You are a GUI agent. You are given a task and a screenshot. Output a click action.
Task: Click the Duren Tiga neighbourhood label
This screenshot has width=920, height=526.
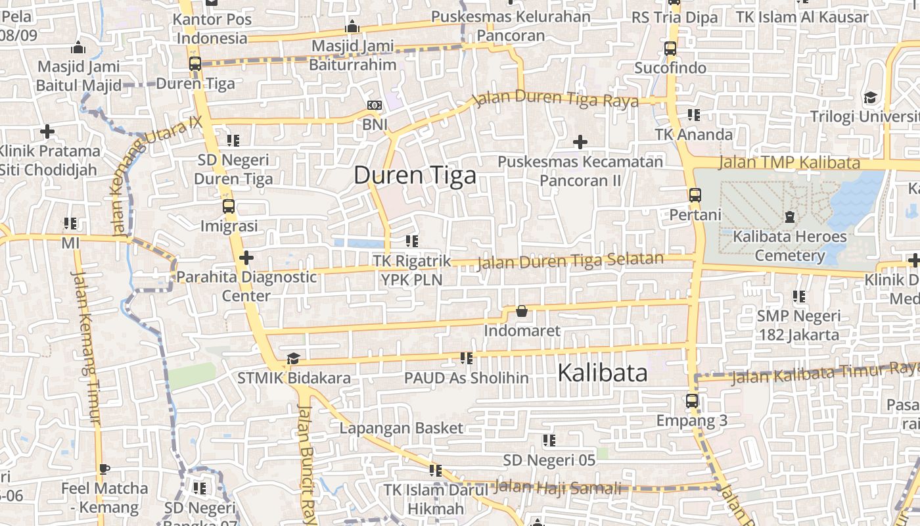pos(415,176)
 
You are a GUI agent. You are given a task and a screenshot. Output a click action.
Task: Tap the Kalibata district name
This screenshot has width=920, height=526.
pos(602,373)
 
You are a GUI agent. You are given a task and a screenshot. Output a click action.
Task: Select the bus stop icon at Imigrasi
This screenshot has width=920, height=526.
pos(229,206)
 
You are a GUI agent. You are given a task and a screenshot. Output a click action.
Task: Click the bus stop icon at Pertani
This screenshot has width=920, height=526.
pos(695,195)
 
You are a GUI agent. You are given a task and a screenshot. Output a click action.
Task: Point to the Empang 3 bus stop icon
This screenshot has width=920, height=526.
pos(692,401)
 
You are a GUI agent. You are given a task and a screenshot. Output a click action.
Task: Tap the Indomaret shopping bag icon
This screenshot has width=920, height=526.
pos(522,311)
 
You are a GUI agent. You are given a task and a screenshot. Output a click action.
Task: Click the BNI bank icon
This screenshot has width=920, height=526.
pos(375,105)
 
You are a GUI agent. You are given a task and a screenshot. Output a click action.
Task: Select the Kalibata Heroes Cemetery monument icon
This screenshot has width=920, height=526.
pos(790,216)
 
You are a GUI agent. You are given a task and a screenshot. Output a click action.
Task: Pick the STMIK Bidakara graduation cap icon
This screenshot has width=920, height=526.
pos(293,359)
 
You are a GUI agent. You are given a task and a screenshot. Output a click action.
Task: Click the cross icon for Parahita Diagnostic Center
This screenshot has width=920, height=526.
pos(246,258)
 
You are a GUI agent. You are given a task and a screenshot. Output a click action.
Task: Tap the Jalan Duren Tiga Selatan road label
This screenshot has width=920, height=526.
pos(570,261)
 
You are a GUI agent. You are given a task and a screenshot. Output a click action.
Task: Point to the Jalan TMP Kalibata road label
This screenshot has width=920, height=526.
pos(789,162)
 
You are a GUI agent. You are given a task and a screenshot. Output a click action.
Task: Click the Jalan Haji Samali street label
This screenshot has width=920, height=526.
pos(557,488)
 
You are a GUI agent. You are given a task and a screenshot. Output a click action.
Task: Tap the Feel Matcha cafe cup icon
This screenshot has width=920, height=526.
pos(104,469)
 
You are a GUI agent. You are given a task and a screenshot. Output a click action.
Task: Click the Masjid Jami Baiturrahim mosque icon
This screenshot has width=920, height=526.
pos(352,27)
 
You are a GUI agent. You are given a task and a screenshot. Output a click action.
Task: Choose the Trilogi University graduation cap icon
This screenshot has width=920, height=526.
pos(871,97)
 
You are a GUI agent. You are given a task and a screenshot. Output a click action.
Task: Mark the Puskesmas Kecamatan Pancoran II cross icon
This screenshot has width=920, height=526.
pos(580,142)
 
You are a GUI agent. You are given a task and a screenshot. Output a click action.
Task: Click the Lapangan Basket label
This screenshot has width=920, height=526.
pos(401,428)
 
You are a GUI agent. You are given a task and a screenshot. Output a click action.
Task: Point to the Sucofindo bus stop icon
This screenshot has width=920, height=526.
pos(670,49)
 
